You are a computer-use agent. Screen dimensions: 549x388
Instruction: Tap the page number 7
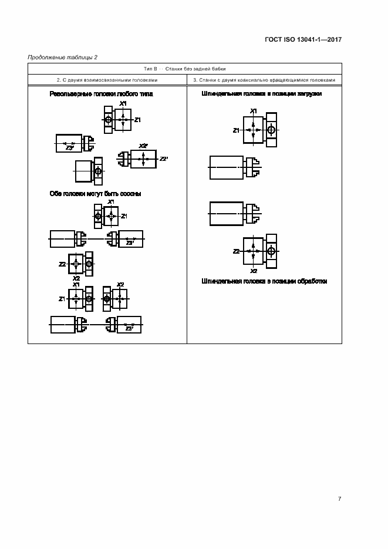(340, 499)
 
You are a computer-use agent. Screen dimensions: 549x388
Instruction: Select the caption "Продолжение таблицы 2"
(63, 57)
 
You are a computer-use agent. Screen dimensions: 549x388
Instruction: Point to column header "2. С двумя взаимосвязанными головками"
(107, 80)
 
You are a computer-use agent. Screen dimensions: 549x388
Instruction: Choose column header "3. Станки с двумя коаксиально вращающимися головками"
(264, 80)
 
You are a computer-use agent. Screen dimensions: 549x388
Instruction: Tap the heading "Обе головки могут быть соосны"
(95, 194)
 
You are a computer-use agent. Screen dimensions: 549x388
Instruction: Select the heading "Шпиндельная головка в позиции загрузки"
(261, 94)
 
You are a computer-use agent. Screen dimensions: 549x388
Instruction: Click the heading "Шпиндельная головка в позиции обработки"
(264, 281)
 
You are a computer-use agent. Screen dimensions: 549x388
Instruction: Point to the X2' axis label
(143, 146)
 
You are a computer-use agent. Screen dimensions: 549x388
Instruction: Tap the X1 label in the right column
(253, 111)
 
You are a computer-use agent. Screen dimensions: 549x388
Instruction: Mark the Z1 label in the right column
(237, 130)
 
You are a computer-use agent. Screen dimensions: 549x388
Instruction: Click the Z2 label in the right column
(237, 251)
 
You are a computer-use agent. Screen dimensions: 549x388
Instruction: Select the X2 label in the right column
(253, 271)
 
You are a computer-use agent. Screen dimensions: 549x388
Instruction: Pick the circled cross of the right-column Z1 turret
(271, 130)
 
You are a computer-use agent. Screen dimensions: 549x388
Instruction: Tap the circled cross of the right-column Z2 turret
(271, 251)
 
